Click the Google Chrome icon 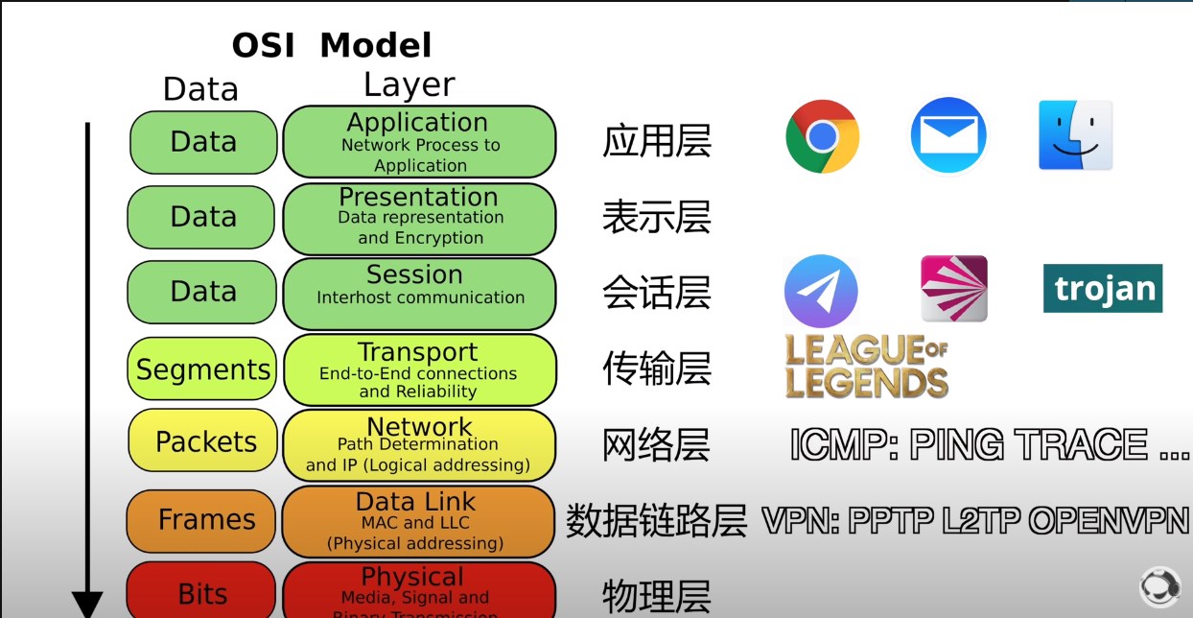822,136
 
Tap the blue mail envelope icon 947,135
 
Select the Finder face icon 1075,135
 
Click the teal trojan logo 1103,288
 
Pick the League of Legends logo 866,366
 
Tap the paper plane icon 820,291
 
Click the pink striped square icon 953,288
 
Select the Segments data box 202,368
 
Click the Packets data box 206,441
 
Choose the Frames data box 206,519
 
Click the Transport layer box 419,368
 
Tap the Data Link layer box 417,521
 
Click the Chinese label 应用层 656,141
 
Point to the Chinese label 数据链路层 656,521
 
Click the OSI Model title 332,45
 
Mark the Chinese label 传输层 656,368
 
